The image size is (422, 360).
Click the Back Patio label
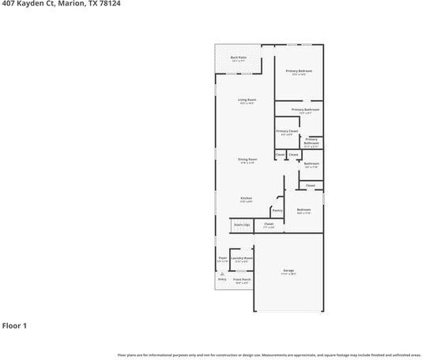pos(239,58)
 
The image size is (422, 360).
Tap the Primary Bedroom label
pos(299,71)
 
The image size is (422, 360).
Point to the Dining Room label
pos(247,159)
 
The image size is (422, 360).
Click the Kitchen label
pos(246,198)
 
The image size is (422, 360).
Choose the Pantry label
pos(277,210)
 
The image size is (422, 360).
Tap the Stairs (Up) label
pos(241,225)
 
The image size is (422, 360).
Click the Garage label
pos(288,271)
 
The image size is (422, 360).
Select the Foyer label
pos(222,257)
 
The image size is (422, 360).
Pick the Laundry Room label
pos(242,258)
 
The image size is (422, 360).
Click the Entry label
pos(221,279)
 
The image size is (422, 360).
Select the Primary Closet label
pos(286,131)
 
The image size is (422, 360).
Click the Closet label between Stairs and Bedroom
pos(269,224)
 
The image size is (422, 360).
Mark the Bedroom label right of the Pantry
pos(303,209)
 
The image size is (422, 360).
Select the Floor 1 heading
pos(14,325)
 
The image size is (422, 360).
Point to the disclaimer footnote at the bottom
pos(269,354)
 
